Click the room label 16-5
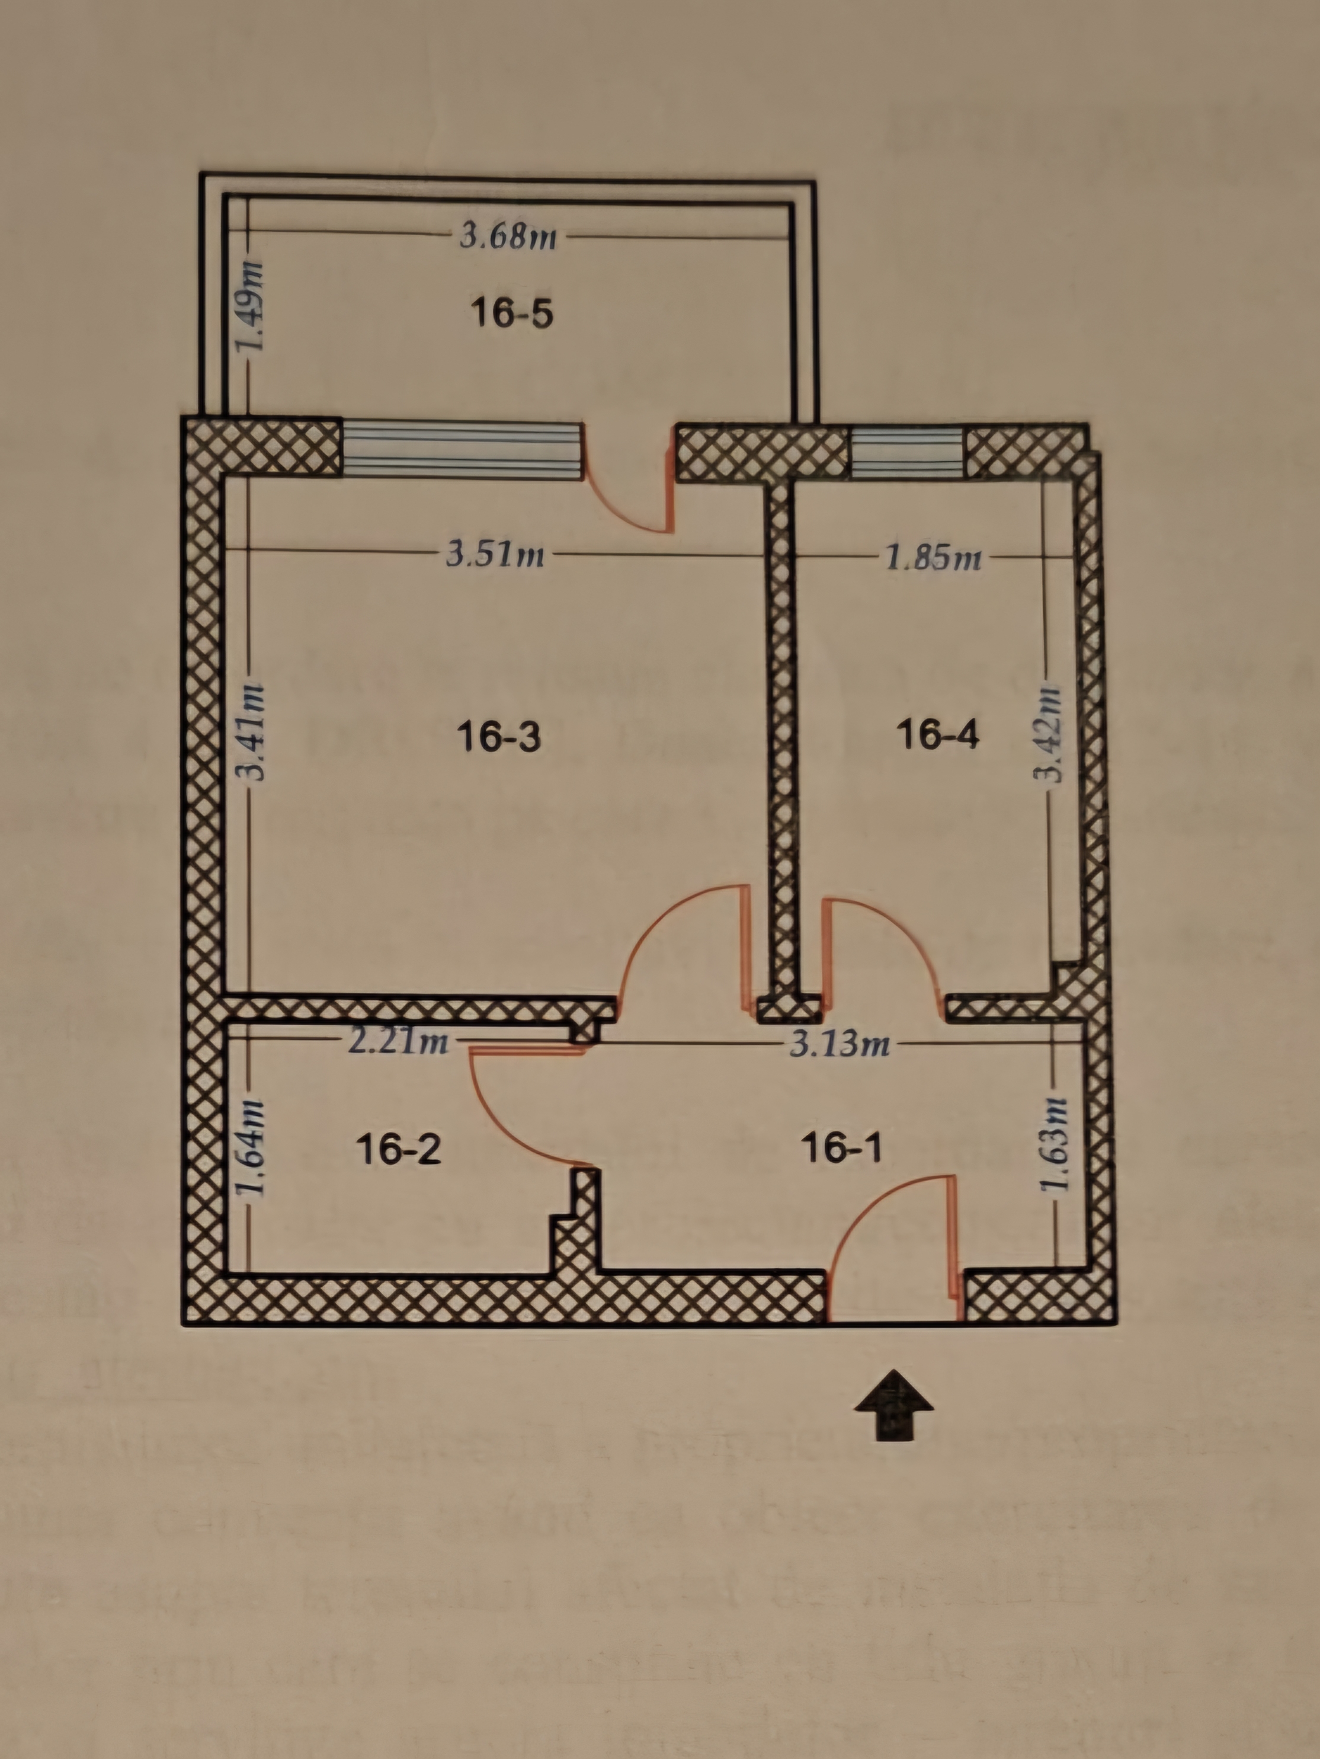[511, 312]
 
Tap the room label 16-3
[499, 736]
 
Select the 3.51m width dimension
[495, 554]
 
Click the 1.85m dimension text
[934, 558]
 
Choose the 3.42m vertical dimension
[1053, 733]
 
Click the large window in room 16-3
[461, 450]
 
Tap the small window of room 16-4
[908, 453]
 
